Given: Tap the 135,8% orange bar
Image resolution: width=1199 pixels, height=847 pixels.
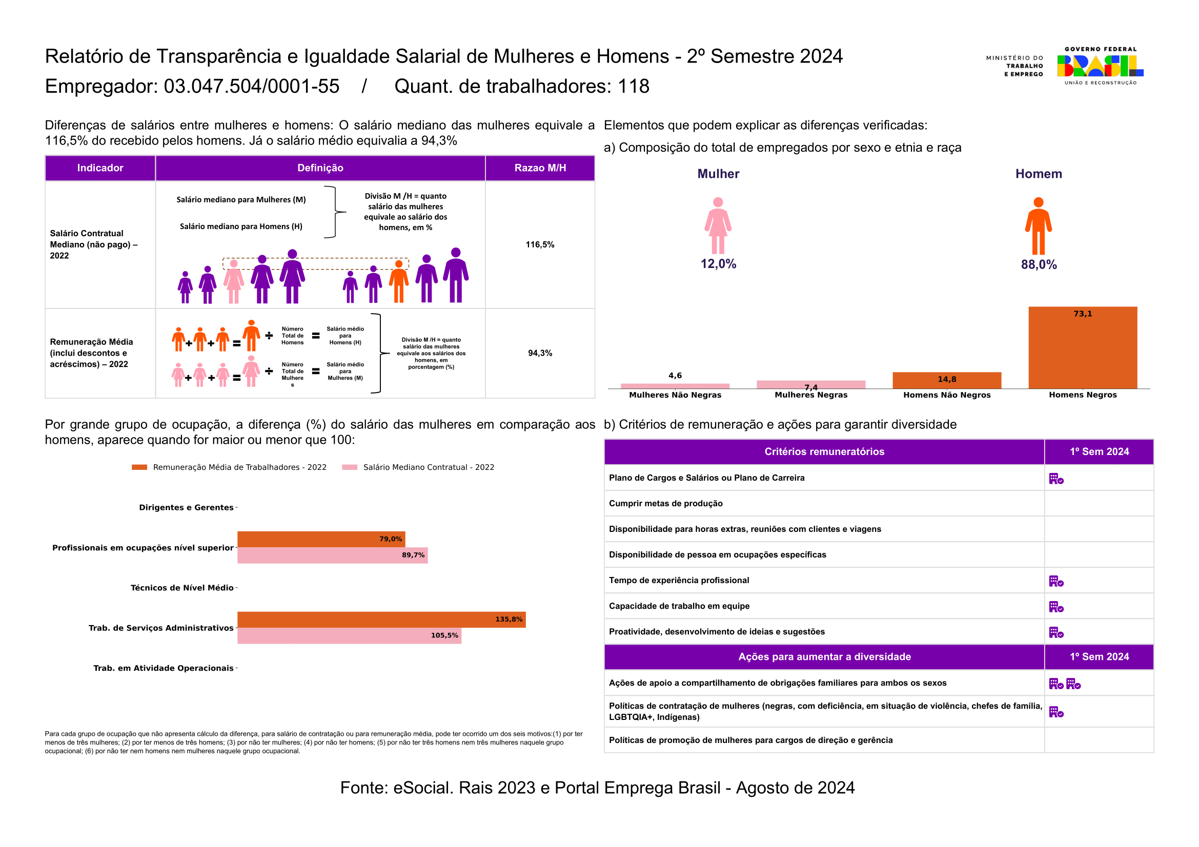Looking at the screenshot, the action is [381, 619].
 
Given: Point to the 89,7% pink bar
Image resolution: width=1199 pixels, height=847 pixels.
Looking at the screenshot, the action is [333, 555].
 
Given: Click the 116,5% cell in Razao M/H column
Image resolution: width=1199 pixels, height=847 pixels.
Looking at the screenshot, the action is [540, 244].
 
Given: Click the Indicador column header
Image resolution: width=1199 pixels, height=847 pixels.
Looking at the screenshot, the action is [100, 168].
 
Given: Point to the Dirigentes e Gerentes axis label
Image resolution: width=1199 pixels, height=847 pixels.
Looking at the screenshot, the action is [186, 507].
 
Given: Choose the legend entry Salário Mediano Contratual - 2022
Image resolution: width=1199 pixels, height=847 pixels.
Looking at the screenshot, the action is [418, 467].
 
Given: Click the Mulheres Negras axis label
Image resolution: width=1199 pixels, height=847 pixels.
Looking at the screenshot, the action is [811, 395].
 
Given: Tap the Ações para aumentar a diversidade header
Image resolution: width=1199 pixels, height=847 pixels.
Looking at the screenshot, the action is [824, 656].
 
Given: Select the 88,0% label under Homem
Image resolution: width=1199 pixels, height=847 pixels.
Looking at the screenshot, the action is [1039, 264].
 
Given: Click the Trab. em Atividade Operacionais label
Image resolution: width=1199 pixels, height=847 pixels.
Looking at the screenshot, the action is [164, 668].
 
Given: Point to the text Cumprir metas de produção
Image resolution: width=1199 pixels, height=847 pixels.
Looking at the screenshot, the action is [666, 504].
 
